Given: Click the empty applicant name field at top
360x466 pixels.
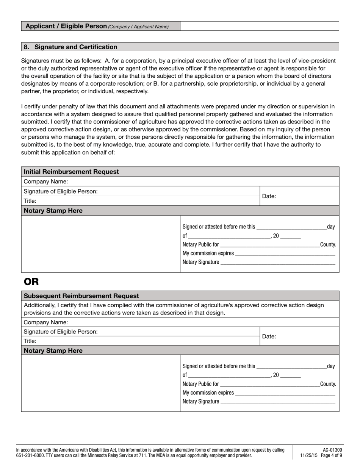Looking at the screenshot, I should click(259, 26).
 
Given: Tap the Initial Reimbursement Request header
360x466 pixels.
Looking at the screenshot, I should click(71, 172).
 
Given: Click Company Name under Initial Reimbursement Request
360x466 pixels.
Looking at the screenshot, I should click(46, 181).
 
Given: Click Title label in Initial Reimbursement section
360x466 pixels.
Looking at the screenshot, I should click(30, 201).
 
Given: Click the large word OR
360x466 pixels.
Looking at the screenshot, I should click(31, 281).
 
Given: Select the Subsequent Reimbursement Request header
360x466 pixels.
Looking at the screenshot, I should click(81, 296).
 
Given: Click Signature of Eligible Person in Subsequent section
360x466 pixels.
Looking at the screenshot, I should click(61, 332).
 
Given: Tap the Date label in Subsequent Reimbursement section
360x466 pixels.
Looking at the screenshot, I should click(269, 336).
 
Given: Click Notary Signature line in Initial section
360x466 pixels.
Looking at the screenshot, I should click(277, 262).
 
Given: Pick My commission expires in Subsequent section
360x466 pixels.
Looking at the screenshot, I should click(208, 393).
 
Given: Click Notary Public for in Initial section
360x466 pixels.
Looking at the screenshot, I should click(200, 245).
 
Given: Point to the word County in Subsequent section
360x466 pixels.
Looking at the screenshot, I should click(328, 384).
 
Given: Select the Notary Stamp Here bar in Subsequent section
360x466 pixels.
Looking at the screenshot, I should click(53, 350).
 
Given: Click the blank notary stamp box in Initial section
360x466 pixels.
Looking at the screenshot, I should click(100, 244).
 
